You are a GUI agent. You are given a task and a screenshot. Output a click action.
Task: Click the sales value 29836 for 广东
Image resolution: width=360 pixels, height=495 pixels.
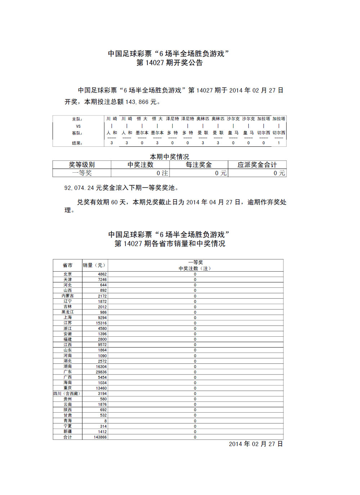point(101,372)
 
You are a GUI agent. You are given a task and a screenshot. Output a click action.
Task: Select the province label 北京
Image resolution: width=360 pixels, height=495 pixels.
point(68,274)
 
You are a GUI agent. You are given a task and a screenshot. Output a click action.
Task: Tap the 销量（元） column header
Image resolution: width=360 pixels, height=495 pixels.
point(94,265)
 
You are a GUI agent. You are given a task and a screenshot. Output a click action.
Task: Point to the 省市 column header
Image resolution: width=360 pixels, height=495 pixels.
point(68,265)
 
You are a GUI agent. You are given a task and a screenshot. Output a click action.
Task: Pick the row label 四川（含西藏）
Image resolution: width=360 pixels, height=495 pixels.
point(67,394)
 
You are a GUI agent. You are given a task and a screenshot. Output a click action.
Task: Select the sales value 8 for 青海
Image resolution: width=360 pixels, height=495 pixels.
point(105,421)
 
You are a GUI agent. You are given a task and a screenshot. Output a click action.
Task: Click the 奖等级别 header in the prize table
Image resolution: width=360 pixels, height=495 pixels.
point(82,165)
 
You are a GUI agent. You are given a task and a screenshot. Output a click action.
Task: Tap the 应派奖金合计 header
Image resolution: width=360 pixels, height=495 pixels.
point(257,165)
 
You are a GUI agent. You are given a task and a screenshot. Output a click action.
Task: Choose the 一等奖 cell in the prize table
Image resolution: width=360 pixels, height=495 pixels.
point(82,173)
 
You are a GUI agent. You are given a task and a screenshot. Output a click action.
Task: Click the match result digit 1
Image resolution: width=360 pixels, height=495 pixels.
point(279,143)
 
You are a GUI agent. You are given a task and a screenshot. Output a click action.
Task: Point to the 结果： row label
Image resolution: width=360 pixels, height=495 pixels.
point(77,143)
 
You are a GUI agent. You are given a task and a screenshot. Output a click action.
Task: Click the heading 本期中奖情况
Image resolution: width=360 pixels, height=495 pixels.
point(169,156)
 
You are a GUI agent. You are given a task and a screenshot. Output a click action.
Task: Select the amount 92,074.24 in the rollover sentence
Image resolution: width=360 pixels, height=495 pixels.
point(79,188)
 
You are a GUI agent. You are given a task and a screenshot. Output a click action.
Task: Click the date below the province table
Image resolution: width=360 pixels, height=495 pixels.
point(256,444)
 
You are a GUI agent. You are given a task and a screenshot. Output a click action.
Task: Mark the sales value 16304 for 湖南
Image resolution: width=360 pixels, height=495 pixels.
point(101,367)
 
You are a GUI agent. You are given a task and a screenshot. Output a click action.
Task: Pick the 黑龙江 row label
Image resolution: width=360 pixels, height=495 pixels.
point(68,312)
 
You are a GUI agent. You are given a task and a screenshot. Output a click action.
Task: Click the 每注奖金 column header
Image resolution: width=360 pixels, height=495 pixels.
point(199,165)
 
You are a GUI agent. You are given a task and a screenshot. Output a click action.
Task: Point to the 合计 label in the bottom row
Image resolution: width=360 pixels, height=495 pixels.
point(68,437)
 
